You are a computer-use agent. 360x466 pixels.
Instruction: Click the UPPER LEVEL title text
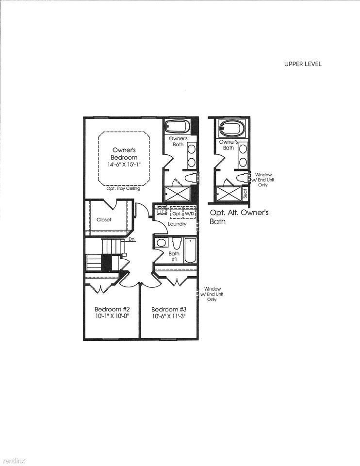click(x=303, y=64)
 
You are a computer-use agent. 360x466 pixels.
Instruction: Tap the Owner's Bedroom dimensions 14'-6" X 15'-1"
click(x=123, y=165)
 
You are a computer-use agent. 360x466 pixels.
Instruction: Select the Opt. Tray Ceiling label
click(x=123, y=188)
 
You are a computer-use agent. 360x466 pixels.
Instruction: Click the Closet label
click(x=104, y=219)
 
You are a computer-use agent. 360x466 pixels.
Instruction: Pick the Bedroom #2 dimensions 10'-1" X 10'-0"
click(x=111, y=316)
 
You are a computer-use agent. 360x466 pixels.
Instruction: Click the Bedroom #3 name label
click(x=169, y=309)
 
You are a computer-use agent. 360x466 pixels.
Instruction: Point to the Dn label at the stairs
click(x=131, y=239)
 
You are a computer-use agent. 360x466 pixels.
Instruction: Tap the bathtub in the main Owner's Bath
click(x=177, y=127)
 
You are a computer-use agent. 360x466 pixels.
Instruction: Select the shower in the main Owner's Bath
click(x=177, y=194)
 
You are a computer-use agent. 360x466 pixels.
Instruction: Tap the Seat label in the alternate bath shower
click(x=245, y=194)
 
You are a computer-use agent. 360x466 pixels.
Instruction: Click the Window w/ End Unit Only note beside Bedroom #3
click(x=212, y=294)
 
